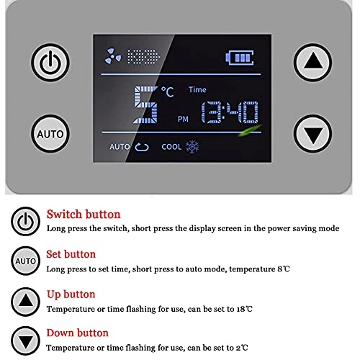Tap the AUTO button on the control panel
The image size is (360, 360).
(x=48, y=133)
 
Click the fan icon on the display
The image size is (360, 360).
(x=114, y=55)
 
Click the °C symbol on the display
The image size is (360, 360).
(x=168, y=91)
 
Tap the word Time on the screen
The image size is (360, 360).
(x=197, y=90)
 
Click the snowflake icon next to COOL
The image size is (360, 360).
(x=192, y=146)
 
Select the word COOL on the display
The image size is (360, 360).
(x=171, y=146)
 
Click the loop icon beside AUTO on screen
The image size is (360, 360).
(x=141, y=147)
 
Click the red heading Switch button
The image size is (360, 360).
(x=84, y=214)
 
